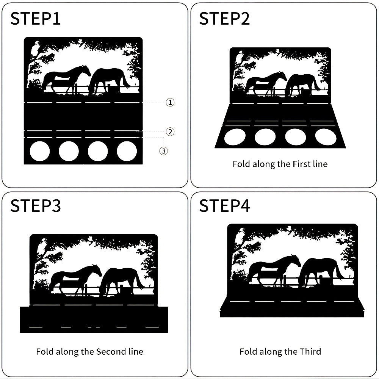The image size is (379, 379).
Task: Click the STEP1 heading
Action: [x=35, y=19]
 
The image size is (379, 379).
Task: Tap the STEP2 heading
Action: [x=224, y=19]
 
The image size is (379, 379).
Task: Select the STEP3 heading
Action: [x=36, y=206]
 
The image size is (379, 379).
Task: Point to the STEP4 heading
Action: [x=224, y=206]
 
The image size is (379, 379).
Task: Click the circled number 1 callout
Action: [x=170, y=102]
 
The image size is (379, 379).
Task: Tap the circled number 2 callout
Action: [x=170, y=132]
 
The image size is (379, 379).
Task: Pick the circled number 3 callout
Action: [x=164, y=151]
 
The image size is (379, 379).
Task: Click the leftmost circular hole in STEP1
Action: [x=40, y=151]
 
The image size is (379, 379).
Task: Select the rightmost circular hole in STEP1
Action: [x=127, y=151]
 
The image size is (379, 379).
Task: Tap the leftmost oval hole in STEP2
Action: [x=235, y=137]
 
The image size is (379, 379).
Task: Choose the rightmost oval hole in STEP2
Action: [x=326, y=137]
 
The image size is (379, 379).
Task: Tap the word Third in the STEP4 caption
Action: [x=310, y=351]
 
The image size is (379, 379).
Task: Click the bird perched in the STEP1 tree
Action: [x=35, y=49]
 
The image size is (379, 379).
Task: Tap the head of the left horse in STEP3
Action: [x=96, y=269]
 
